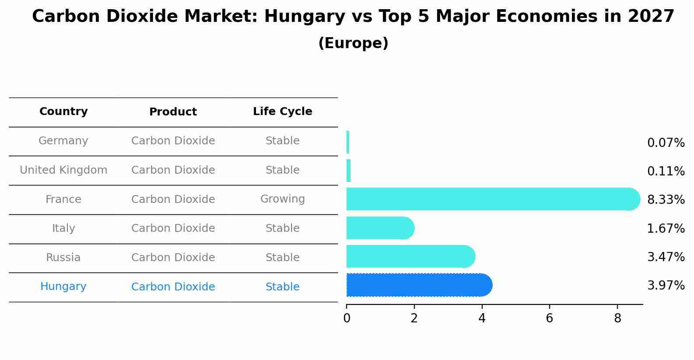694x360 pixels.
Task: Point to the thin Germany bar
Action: (348, 142)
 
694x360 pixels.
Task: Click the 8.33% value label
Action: (666, 200)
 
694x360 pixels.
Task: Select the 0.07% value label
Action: (666, 143)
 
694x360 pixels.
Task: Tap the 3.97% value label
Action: (666, 286)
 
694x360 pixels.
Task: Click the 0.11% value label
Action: (666, 171)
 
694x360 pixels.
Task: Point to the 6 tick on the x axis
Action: (550, 318)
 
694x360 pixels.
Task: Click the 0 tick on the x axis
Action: (347, 318)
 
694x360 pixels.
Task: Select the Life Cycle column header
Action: (282, 112)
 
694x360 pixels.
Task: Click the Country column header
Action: (63, 112)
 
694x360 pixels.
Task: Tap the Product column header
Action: (173, 112)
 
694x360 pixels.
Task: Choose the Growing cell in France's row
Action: (282, 199)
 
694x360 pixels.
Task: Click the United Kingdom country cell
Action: (63, 170)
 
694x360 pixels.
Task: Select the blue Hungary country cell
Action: (63, 287)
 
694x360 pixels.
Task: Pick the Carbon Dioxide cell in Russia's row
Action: (173, 258)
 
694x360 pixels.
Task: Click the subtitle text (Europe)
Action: (353, 43)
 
